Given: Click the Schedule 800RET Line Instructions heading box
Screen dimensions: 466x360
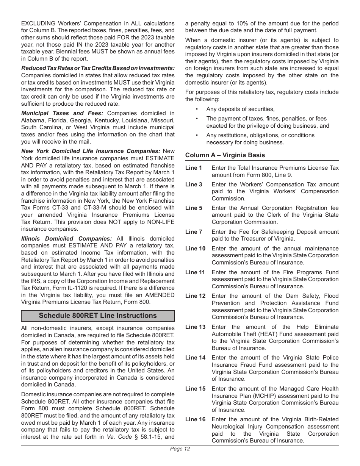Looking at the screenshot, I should (x=98, y=316).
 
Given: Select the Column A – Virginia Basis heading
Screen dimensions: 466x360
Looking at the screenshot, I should (x=225, y=155).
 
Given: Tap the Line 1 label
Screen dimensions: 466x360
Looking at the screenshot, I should (x=194, y=168).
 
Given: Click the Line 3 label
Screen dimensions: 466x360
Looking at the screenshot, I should (x=194, y=185).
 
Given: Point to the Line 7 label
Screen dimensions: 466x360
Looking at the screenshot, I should (x=194, y=232).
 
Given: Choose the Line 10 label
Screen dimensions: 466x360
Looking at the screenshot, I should (x=195, y=249).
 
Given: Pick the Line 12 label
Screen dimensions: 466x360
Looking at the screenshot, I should (x=195, y=296).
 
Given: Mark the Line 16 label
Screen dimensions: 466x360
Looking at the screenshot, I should (x=195, y=419).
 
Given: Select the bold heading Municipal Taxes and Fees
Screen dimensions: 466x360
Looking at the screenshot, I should (x=62, y=113).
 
